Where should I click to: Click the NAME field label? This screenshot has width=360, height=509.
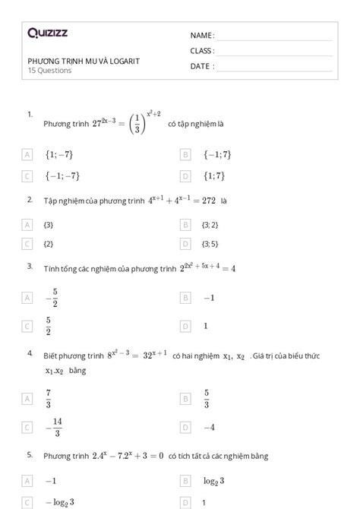tap(201, 36)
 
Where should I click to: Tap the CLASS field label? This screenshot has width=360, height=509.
tap(202, 51)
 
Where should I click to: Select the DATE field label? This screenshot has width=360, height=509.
tap(201, 66)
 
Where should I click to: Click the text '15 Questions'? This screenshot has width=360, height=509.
tap(49, 71)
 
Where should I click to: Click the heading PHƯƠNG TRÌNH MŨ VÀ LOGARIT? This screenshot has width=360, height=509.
tap(84, 61)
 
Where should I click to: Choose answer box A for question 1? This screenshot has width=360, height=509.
tap(27, 154)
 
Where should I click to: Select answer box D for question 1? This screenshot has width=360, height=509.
tap(185, 176)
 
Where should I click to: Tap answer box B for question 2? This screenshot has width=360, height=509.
tap(185, 225)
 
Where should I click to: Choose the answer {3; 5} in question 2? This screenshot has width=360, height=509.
tap(211, 244)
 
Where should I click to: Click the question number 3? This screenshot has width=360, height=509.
tap(30, 266)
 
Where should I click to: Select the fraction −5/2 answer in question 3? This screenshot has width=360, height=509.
tap(52, 299)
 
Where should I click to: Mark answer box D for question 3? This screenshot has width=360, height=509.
tap(185, 326)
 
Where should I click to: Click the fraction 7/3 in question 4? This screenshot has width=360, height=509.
tap(49, 398)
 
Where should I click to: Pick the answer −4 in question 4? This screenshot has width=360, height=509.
tap(209, 427)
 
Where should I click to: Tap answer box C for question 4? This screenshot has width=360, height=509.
tap(27, 427)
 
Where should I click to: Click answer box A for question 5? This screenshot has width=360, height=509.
tap(27, 481)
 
